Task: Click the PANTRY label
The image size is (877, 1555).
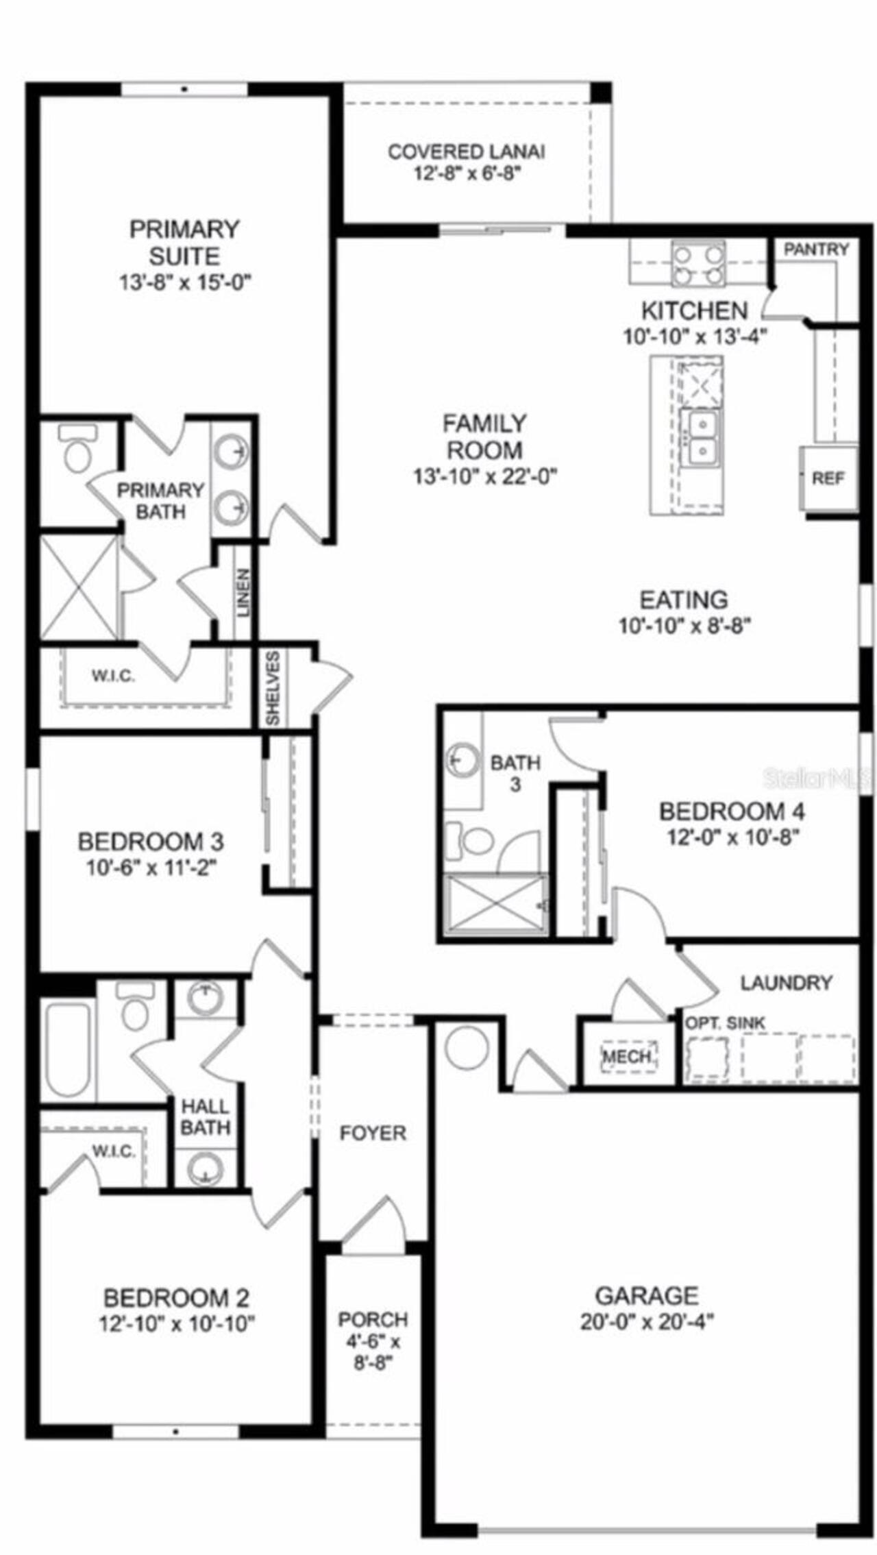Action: pyautogui.click(x=815, y=249)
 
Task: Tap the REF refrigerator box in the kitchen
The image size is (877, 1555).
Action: pyautogui.click(x=828, y=478)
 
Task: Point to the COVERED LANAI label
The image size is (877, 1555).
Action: pyautogui.click(x=467, y=151)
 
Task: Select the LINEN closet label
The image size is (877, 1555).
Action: pyautogui.click(x=244, y=593)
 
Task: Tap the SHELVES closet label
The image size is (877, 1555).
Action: pyautogui.click(x=273, y=688)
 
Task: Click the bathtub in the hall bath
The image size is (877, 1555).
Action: pyautogui.click(x=68, y=1049)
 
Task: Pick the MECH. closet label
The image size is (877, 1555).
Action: pyautogui.click(x=628, y=1056)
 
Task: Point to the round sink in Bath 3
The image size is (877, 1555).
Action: pyautogui.click(x=463, y=759)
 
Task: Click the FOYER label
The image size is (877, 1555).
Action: pyautogui.click(x=373, y=1133)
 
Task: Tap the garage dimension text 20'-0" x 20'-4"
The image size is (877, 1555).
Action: pyautogui.click(x=647, y=1322)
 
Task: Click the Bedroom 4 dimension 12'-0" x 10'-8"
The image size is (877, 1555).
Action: pyautogui.click(x=733, y=837)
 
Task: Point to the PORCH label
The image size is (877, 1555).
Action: pyautogui.click(x=373, y=1319)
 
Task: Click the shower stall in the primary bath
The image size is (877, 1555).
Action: pyautogui.click(x=78, y=588)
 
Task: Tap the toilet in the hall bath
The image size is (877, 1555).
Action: pyautogui.click(x=134, y=1007)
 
